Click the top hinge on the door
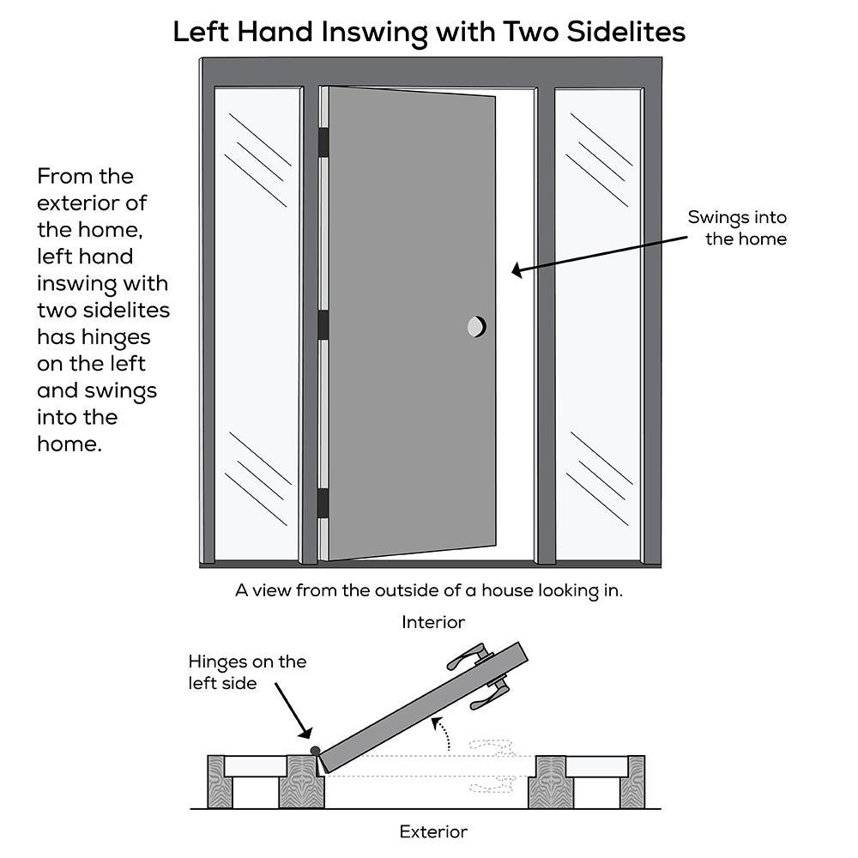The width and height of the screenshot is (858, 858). coord(323,142)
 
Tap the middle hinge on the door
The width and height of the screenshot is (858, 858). coord(323,326)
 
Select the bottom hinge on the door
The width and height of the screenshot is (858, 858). coord(323,504)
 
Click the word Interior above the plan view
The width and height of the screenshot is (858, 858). coord(433,622)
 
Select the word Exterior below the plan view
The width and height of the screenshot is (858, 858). coord(433,831)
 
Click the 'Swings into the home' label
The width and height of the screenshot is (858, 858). coord(738,227)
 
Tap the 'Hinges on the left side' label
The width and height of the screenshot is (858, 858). coord(247,672)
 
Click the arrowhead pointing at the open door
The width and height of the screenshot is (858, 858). coord(517,271)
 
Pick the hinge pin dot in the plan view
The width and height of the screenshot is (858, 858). coord(315,751)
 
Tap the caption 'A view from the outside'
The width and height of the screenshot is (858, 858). coord(429,590)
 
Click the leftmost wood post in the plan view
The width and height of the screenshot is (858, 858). coord(216,782)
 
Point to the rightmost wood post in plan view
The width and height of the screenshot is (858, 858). coord(634,782)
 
